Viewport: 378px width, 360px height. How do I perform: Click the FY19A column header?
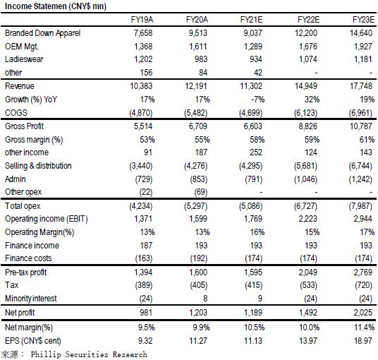(x=142, y=19)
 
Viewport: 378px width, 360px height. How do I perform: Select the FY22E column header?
(x=308, y=19)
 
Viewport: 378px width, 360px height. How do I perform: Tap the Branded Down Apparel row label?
(x=43, y=33)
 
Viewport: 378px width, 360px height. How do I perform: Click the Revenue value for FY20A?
(x=196, y=86)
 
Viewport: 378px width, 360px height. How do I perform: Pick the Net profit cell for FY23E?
(x=362, y=313)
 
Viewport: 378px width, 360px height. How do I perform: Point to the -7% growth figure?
(x=257, y=99)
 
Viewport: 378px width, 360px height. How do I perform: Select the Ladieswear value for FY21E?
(x=256, y=59)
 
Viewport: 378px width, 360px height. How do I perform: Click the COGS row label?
(x=16, y=113)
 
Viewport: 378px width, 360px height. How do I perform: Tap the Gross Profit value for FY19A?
(x=143, y=126)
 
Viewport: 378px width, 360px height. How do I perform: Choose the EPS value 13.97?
(x=308, y=341)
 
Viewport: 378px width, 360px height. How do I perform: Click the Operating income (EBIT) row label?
(x=47, y=219)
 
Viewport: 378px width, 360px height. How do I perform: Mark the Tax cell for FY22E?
(x=309, y=285)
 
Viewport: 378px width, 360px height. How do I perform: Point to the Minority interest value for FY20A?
(x=205, y=299)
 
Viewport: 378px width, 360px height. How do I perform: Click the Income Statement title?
(x=56, y=6)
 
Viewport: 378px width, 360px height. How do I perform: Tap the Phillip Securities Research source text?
(x=89, y=354)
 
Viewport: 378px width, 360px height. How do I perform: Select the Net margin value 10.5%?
(x=255, y=328)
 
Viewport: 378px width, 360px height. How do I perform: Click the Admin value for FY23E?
(x=360, y=179)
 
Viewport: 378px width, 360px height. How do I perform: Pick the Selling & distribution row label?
(x=38, y=166)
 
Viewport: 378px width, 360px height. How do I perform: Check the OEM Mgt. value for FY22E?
(x=308, y=47)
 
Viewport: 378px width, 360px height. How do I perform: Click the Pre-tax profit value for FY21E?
(x=253, y=272)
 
